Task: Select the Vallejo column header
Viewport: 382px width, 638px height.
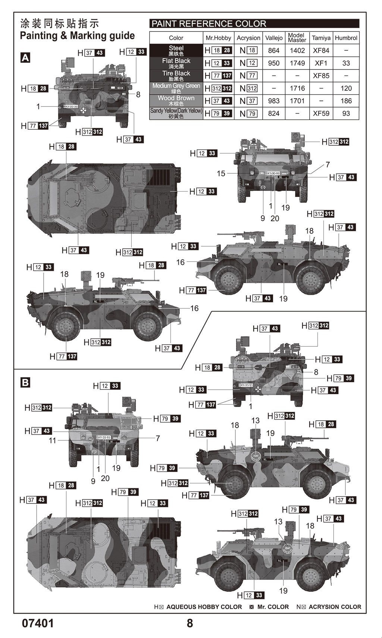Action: click(x=273, y=38)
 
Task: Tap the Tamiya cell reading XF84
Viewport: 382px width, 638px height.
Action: click(x=321, y=50)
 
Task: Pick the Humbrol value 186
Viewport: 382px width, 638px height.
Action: click(x=346, y=101)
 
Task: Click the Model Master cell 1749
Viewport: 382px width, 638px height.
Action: click(x=297, y=63)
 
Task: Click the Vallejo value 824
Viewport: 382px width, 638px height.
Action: click(x=273, y=113)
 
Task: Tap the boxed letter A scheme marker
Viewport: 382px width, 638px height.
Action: click(x=25, y=58)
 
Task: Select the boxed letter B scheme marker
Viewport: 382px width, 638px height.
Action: click(x=25, y=383)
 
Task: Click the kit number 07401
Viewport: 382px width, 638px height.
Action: click(x=38, y=623)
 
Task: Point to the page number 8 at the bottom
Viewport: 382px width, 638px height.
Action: click(x=190, y=623)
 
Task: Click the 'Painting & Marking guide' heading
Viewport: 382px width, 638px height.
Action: click(x=77, y=36)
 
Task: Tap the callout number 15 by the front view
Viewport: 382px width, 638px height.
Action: click(x=221, y=174)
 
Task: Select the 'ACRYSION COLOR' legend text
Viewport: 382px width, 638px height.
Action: click(x=335, y=607)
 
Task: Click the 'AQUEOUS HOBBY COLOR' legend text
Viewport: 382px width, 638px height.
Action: click(x=204, y=607)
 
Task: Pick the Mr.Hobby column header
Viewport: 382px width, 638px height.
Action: click(x=218, y=38)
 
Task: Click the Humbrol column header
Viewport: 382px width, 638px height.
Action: click(x=346, y=38)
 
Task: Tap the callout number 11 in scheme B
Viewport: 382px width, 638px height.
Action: click(x=52, y=440)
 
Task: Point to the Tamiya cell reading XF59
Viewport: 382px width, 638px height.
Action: click(x=321, y=113)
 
